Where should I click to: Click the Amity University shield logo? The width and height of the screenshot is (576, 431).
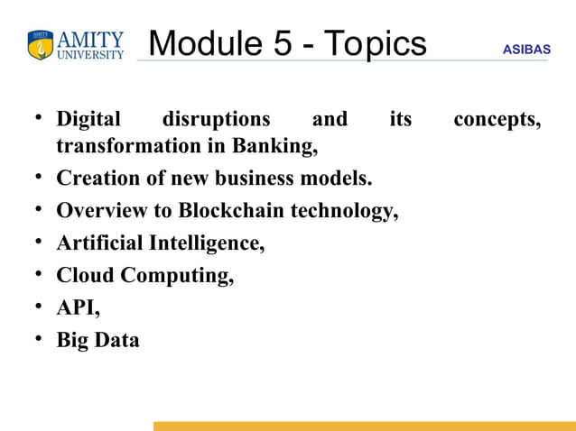41,46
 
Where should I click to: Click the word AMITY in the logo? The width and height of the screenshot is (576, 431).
90,40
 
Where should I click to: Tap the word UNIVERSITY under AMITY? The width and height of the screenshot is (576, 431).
90,55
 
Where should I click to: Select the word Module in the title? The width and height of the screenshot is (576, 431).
204,43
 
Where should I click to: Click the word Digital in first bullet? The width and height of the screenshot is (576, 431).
88,120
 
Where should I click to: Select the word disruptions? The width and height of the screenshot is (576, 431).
216,120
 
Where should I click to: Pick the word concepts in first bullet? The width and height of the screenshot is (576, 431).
497,120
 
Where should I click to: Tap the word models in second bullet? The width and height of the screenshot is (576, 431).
340,179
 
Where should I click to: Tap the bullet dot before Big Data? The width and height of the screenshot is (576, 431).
41,341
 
